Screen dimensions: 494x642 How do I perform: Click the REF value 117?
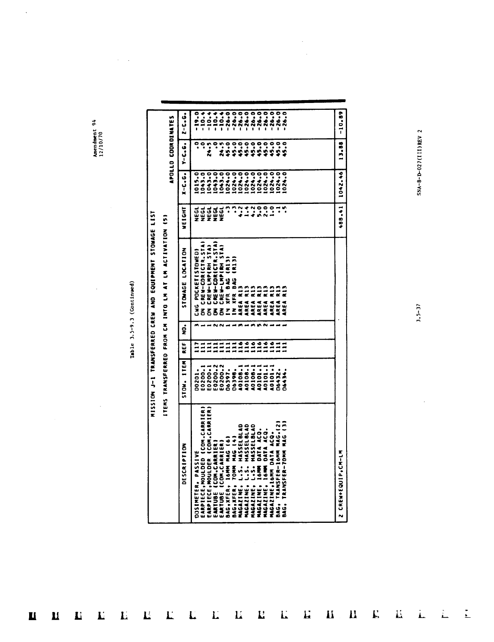(197, 349)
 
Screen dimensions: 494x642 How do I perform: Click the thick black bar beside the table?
(253, 101)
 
